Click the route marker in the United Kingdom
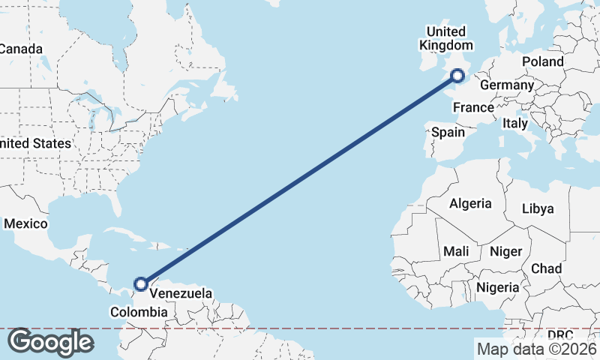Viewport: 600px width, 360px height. click(x=457, y=74)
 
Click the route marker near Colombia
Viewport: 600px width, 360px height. click(x=140, y=283)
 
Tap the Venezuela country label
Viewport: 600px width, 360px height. click(x=180, y=293)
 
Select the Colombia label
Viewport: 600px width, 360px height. click(x=138, y=312)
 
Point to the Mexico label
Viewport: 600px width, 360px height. click(x=25, y=223)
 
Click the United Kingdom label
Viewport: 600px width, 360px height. click(x=445, y=38)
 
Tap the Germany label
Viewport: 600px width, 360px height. click(x=506, y=85)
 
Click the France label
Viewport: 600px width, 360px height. click(x=473, y=107)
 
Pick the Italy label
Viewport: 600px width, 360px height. click(x=515, y=123)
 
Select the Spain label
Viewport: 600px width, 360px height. click(x=448, y=132)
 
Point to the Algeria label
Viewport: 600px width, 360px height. click(x=470, y=203)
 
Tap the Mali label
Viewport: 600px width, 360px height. click(x=456, y=250)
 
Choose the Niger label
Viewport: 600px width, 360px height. click(x=505, y=250)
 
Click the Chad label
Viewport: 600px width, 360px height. click(x=546, y=268)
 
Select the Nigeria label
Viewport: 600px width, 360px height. click(x=497, y=286)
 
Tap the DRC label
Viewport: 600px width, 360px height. click(x=559, y=334)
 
